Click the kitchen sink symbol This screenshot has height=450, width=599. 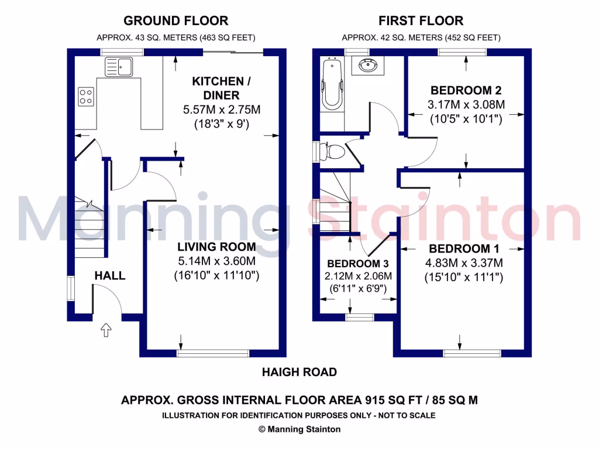(118, 66)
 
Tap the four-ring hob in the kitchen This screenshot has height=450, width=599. (86, 96)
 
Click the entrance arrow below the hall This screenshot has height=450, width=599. (106, 331)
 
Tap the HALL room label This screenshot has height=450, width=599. (110, 275)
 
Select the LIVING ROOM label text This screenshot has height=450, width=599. (217, 247)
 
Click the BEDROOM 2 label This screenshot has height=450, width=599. (466, 90)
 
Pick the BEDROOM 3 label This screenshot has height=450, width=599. (358, 264)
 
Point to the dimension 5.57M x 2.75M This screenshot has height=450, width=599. (221, 110)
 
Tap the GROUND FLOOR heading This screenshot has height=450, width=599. (175, 21)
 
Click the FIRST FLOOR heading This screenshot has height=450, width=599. (421, 21)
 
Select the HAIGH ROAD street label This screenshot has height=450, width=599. (299, 372)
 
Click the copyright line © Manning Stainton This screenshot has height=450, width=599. (299, 429)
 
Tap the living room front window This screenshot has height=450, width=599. (213, 353)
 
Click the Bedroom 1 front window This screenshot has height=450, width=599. (471, 353)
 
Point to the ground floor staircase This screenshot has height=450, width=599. (89, 229)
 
